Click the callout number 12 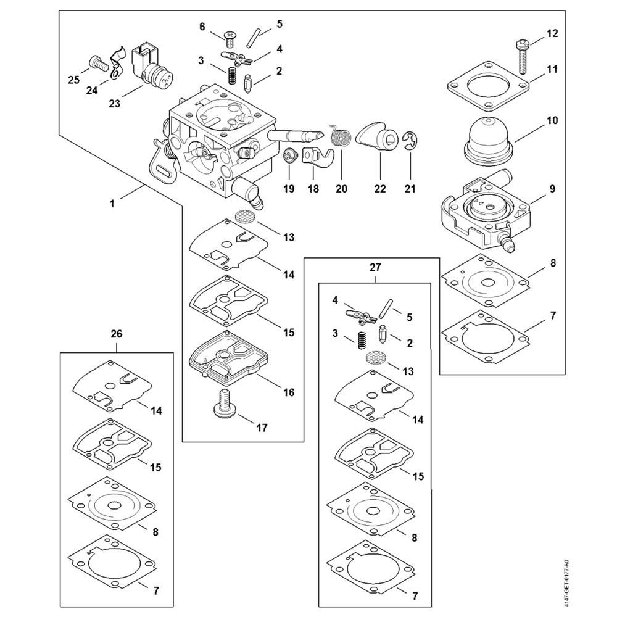click(552, 33)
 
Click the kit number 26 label click(116, 334)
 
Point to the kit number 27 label click(375, 267)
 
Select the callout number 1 click(112, 202)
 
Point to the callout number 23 click(114, 104)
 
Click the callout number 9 click(552, 189)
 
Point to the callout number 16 click(289, 392)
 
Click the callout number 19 click(289, 189)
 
